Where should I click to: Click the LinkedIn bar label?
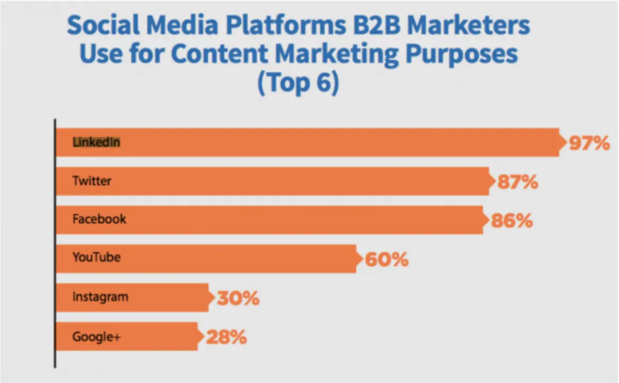pyautogui.click(x=96, y=142)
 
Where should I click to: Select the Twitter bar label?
pyautogui.click(x=92, y=181)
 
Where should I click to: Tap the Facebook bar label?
pyautogui.click(x=99, y=219)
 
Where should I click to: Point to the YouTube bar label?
pyautogui.click(x=97, y=258)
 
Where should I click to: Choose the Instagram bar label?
pyautogui.click(x=100, y=297)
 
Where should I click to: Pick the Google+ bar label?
pyautogui.click(x=96, y=337)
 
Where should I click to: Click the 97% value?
pyautogui.click(x=589, y=143)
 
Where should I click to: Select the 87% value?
pyautogui.click(x=517, y=182)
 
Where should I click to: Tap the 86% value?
pyautogui.click(x=512, y=220)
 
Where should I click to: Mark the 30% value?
pyautogui.click(x=238, y=298)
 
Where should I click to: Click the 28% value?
pyautogui.click(x=225, y=337)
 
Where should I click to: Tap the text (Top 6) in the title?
pyautogui.click(x=297, y=84)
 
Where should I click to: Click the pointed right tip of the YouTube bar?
pyautogui.click(x=362, y=259)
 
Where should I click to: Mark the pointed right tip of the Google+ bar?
pyautogui.click(x=203, y=337)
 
